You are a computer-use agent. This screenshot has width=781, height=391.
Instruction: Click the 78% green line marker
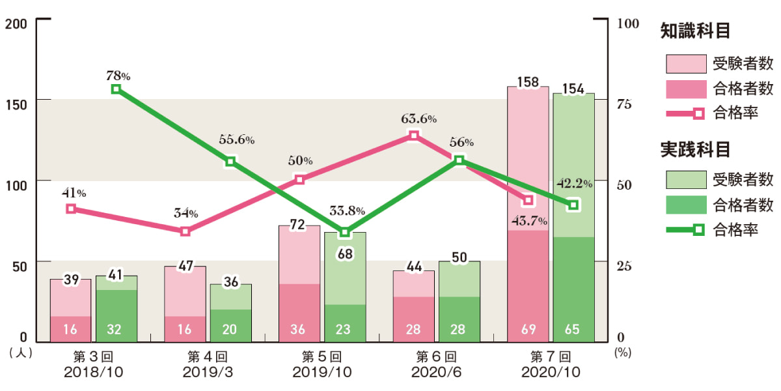116,89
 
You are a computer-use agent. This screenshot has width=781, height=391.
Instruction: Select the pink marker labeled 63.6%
414,136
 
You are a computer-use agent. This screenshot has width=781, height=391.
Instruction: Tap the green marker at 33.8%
345,232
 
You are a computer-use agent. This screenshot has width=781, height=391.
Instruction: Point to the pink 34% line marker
185,231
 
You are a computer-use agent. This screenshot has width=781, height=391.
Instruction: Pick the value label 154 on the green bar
573,89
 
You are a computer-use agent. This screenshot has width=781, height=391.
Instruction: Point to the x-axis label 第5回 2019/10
323,365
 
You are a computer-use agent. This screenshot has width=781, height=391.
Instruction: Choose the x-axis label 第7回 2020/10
551,365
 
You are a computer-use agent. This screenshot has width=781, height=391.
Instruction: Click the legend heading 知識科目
695,31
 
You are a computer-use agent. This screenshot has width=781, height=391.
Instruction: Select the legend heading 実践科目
695,149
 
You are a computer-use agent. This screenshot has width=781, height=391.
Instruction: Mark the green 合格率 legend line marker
698,229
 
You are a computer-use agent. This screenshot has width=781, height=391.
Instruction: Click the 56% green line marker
459,160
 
